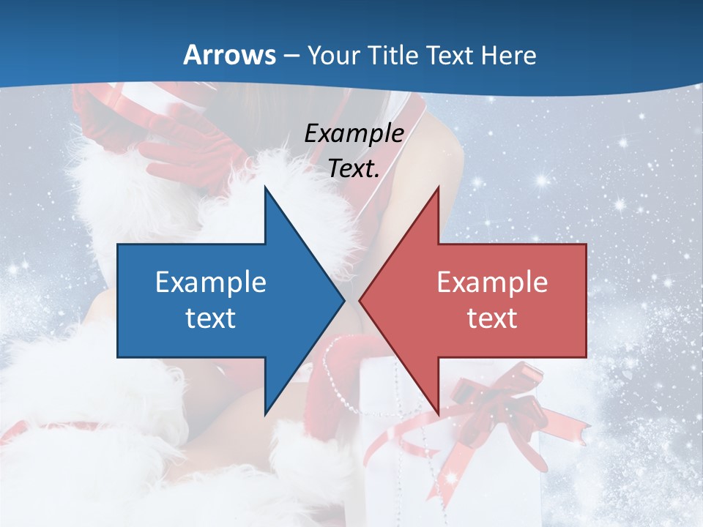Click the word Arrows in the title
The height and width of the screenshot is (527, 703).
tap(229, 55)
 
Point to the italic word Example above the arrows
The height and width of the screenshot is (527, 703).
tap(354, 134)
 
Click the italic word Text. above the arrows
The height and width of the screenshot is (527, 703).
tap(354, 169)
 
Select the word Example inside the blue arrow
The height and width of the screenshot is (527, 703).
tap(211, 283)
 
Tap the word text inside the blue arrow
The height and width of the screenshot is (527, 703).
tap(211, 318)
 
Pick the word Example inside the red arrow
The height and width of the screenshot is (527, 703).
tap(492, 283)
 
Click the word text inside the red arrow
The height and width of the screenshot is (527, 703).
tap(492, 318)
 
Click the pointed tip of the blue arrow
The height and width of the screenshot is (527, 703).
tap(343, 300)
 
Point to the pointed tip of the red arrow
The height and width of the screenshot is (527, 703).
tap(360, 300)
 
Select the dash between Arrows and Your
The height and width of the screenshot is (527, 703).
tap(291, 56)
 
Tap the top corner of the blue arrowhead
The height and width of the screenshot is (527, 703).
tap(265, 187)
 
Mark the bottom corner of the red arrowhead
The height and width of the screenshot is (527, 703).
tap(438, 414)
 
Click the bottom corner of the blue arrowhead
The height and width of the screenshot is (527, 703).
tap(265, 414)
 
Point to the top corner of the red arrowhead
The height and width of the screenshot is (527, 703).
tap(438, 187)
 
